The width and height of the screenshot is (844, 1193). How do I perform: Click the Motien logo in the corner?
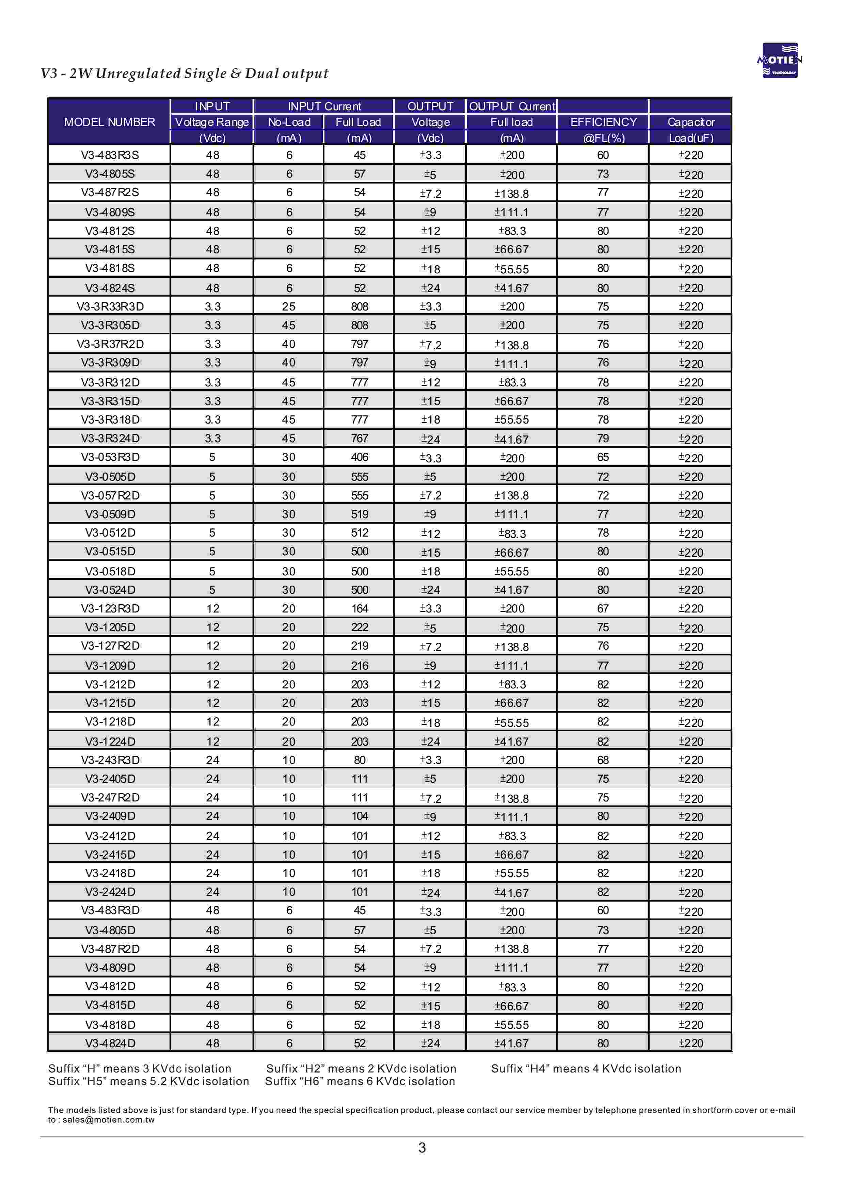pyautogui.click(x=780, y=60)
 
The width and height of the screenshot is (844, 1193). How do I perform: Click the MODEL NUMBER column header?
pyautogui.click(x=109, y=122)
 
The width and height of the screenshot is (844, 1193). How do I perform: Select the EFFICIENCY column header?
pyautogui.click(x=603, y=122)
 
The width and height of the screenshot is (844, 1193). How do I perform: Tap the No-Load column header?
pyautogui.click(x=289, y=122)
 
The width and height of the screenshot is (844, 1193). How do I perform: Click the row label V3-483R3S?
pyautogui.click(x=110, y=155)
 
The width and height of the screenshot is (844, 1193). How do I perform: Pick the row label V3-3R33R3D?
pyautogui.click(x=110, y=306)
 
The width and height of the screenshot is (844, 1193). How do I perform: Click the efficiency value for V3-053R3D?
pyautogui.click(x=603, y=457)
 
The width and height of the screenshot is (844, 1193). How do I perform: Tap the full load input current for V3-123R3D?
pyautogui.click(x=359, y=608)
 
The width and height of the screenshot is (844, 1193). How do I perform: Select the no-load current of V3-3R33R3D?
pyautogui.click(x=289, y=306)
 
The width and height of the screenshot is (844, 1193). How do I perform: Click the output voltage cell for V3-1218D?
pyautogui.click(x=430, y=722)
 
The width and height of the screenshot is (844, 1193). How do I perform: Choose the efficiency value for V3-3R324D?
pyautogui.click(x=603, y=439)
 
